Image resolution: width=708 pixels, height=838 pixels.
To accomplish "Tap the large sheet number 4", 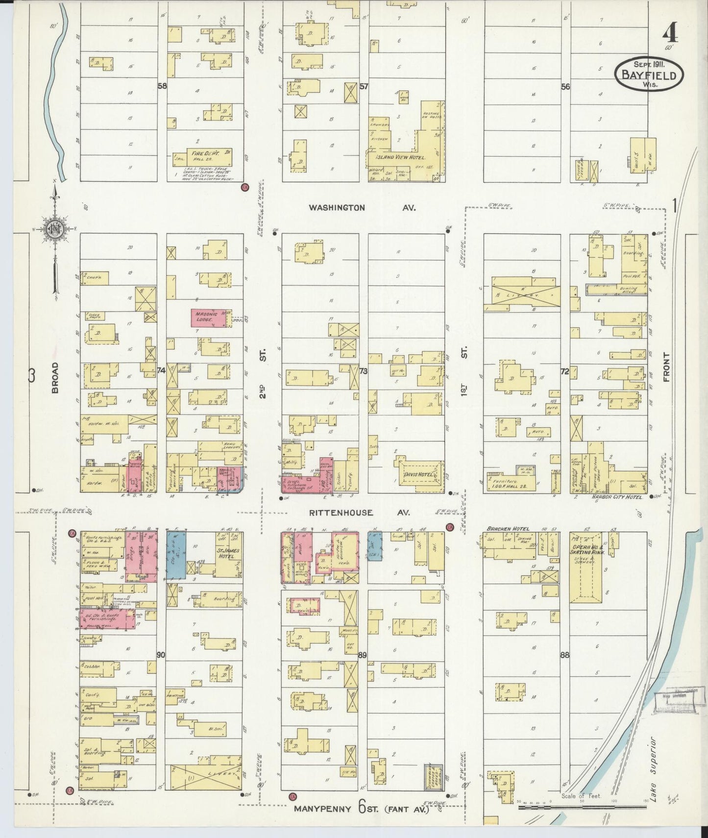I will (x=669, y=33).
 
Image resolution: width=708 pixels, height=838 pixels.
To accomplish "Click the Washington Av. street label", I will (x=362, y=208).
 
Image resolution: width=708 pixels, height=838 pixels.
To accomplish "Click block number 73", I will (x=363, y=371).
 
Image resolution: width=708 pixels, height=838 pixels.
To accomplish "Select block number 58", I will (x=162, y=86).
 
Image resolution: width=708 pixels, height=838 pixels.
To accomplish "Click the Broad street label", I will (x=55, y=377).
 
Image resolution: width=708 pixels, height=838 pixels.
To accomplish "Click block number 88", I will (x=565, y=655).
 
